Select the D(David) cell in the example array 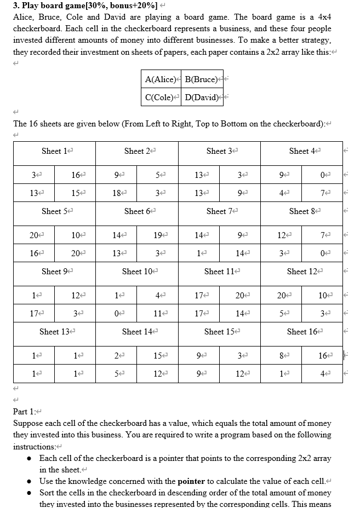click(201, 97)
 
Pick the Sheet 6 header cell click(136, 211)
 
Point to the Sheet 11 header click(219, 272)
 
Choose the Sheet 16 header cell click(301, 332)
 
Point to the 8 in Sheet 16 click(280, 356)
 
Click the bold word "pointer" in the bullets click(191, 481)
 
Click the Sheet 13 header click(54, 332)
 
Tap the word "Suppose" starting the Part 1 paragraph click(28, 424)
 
